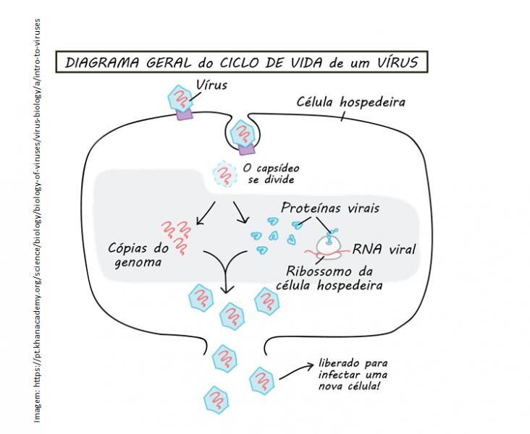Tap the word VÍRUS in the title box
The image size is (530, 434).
pyautogui.click(x=395, y=62)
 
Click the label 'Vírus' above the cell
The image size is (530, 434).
pyautogui.click(x=212, y=85)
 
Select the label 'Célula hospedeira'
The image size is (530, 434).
pyautogui.click(x=351, y=102)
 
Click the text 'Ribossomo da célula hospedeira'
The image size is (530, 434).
pyautogui.click(x=325, y=278)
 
